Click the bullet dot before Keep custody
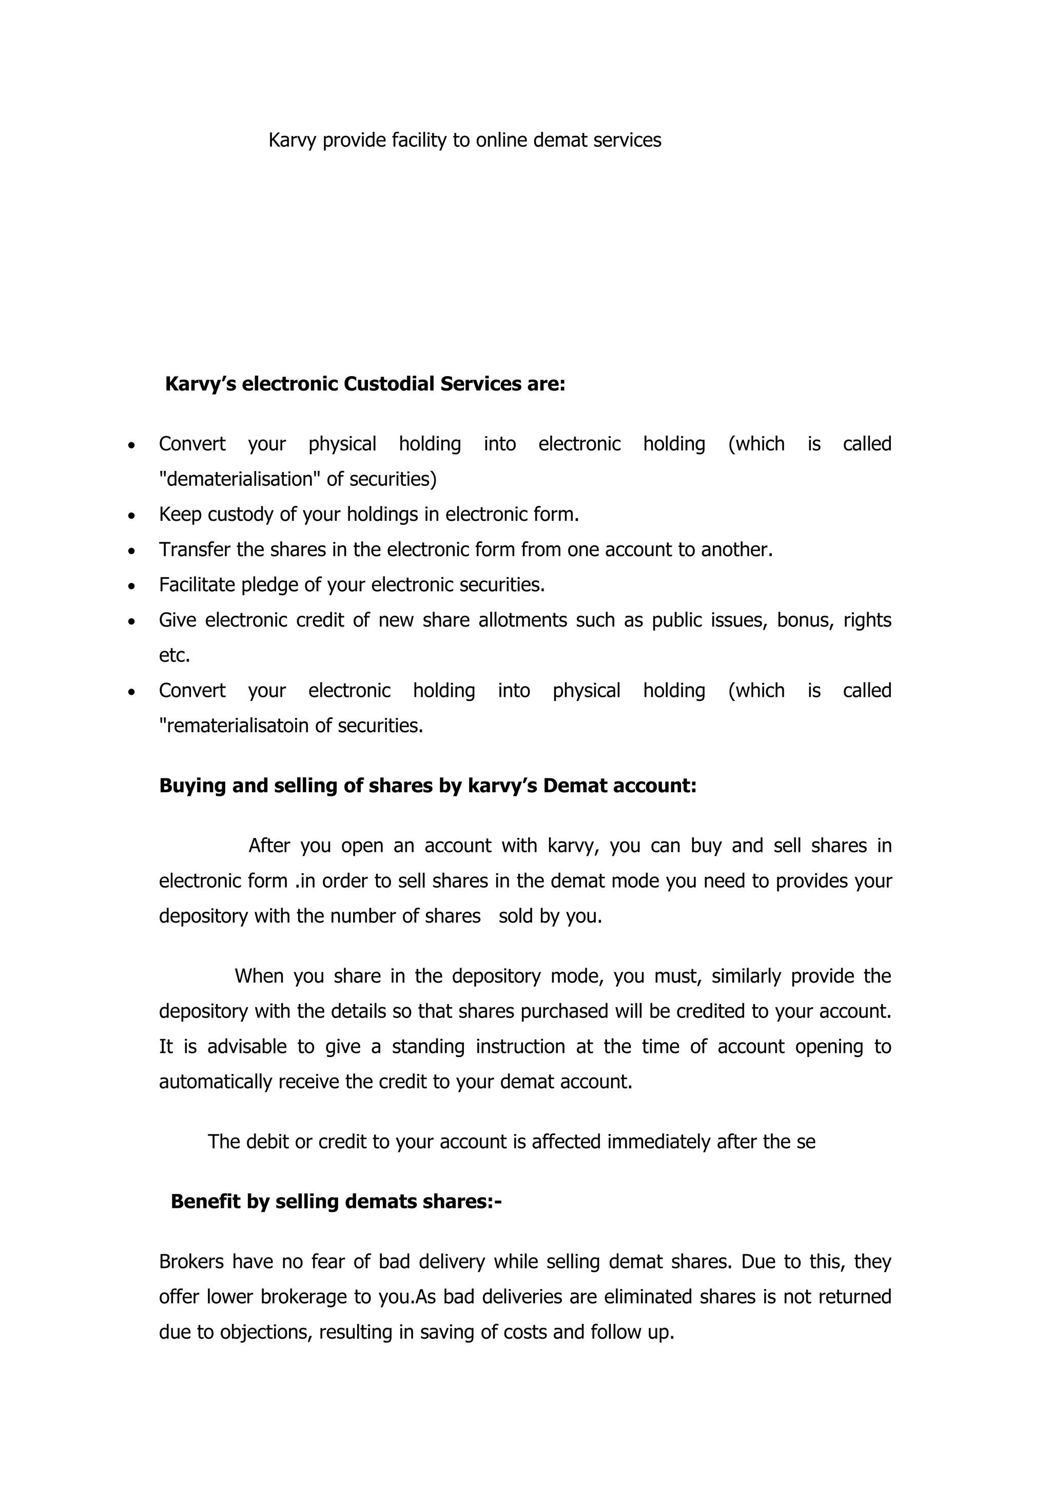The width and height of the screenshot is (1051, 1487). tap(132, 516)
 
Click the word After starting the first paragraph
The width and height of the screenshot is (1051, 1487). tap(269, 846)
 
